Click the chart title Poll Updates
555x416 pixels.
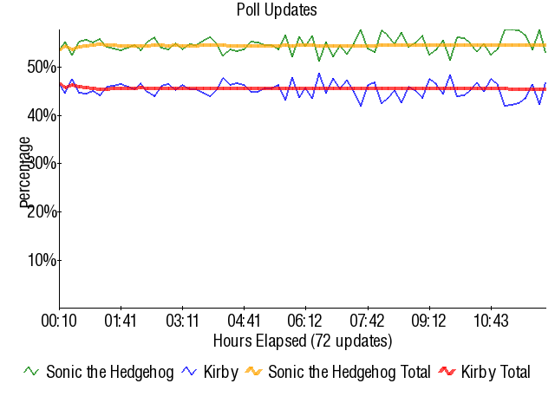click(277, 10)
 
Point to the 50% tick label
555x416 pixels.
click(40, 67)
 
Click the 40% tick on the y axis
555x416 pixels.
click(40, 115)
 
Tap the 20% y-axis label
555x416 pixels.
click(40, 211)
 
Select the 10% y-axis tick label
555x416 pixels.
click(40, 260)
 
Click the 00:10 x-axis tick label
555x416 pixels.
click(59, 322)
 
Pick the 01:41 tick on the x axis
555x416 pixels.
click(121, 322)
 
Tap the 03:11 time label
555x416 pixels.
click(182, 322)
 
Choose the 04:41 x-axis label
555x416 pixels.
click(244, 322)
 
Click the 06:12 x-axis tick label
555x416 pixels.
click(305, 322)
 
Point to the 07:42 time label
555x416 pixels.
click(367, 322)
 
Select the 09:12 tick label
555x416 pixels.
click(428, 322)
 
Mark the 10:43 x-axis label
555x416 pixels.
click(491, 322)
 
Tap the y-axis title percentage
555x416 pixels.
click(25, 172)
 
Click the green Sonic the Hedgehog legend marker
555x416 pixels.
click(31, 372)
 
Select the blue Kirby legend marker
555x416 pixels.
click(190, 372)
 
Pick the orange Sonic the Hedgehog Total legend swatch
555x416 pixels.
click(254, 372)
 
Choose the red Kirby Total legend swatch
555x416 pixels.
click(447, 372)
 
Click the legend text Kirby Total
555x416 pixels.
click(495, 372)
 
